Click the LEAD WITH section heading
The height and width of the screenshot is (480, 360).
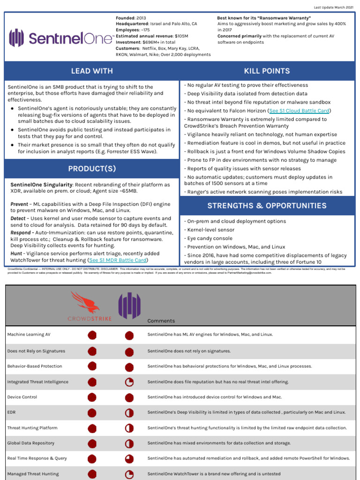[x=92, y=71]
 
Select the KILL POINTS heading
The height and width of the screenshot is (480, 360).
[x=267, y=71]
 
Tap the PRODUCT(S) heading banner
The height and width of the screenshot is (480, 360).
[x=92, y=169]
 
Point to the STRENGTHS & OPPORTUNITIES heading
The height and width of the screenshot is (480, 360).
[x=267, y=206]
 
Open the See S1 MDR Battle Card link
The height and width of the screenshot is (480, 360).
[x=118, y=260]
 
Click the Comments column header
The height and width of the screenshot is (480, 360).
[x=161, y=321]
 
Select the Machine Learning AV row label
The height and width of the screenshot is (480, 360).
[x=29, y=335]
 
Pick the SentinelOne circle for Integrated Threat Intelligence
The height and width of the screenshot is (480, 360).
[x=129, y=382]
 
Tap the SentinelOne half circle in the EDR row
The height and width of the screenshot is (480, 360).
[x=129, y=412]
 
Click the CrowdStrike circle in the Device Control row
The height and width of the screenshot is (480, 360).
[x=92, y=397]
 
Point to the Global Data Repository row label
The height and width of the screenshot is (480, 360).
[x=31, y=443]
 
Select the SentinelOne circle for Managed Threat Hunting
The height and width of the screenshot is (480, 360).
[x=129, y=474]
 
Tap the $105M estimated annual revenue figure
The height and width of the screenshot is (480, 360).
[x=181, y=36]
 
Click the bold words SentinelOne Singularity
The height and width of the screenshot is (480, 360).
[x=42, y=185]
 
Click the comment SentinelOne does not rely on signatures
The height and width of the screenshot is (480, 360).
[x=189, y=351]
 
